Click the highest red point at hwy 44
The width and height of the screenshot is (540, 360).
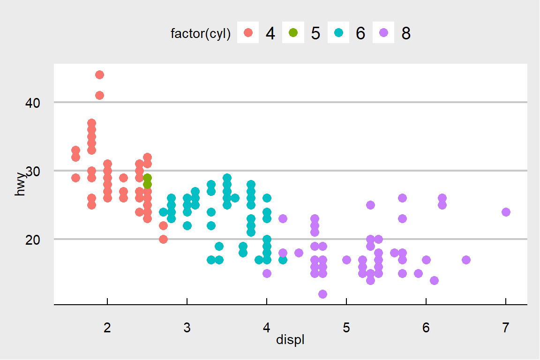coord(99,75)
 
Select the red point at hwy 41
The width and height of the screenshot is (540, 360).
coord(99,95)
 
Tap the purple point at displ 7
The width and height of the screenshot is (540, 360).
coord(506,212)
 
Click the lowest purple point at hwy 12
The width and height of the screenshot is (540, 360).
coord(322,294)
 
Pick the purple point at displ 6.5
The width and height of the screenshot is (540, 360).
coord(466,260)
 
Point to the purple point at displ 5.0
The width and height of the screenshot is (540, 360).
coord(346,260)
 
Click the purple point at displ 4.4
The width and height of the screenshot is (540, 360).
coord(299,253)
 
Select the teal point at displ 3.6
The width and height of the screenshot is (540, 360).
coord(235,198)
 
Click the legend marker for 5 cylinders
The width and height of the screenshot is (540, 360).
coord(293,33)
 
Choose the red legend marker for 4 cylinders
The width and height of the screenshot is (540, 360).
coord(248,33)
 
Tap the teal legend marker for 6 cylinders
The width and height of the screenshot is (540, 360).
coord(338,33)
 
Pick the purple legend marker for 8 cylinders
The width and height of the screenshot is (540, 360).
coord(383,33)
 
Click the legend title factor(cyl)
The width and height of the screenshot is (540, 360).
coord(201,34)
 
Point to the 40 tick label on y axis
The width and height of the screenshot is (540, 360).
coord(32,103)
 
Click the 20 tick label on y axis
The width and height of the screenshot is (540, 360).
coord(32,240)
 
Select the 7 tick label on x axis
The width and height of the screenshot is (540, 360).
coord(506,328)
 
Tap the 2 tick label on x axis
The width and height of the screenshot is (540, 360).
coord(107,328)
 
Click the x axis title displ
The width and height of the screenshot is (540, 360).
coord(291,340)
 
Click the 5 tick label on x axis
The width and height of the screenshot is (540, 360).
coord(346,328)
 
